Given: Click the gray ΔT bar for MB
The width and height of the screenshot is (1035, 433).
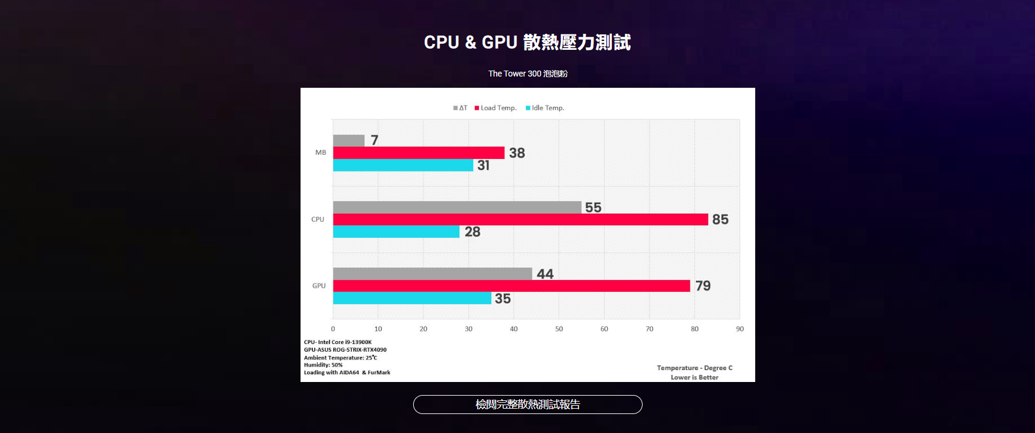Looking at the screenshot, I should point(349,141).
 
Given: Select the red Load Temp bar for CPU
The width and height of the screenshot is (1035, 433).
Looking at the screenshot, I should point(520,219).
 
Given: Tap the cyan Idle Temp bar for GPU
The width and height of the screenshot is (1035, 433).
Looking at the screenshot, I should point(412,298).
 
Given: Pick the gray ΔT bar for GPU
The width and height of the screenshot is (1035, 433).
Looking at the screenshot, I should point(433,274).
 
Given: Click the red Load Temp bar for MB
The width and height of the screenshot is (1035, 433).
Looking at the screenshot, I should point(419,153).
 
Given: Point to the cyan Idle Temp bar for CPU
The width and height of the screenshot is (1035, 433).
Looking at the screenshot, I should point(396,232).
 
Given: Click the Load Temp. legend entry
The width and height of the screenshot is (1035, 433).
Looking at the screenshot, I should point(496,108).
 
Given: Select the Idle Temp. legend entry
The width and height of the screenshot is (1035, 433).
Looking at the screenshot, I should point(545,108).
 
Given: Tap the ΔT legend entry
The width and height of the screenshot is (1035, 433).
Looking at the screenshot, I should point(461,108).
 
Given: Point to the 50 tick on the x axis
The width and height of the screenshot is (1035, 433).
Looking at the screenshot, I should point(559,329).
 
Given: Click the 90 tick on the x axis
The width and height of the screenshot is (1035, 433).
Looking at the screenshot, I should point(740,329).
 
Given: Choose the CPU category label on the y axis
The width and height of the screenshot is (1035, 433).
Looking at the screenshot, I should point(318,219).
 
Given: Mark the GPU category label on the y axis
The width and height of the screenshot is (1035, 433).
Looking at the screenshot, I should point(319,286).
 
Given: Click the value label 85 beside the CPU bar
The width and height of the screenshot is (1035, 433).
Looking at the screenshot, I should point(720,219).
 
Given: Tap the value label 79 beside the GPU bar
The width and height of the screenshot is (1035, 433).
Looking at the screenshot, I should point(703,286).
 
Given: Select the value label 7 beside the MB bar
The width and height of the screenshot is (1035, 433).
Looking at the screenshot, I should point(375,140).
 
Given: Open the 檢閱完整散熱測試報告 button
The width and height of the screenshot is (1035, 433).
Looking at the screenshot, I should point(528,405).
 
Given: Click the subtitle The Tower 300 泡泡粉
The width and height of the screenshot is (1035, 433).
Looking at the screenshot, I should point(528,74).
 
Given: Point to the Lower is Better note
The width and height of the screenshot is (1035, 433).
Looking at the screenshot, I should point(694,377).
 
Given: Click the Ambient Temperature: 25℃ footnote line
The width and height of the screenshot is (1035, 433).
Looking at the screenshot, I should point(340,358).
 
